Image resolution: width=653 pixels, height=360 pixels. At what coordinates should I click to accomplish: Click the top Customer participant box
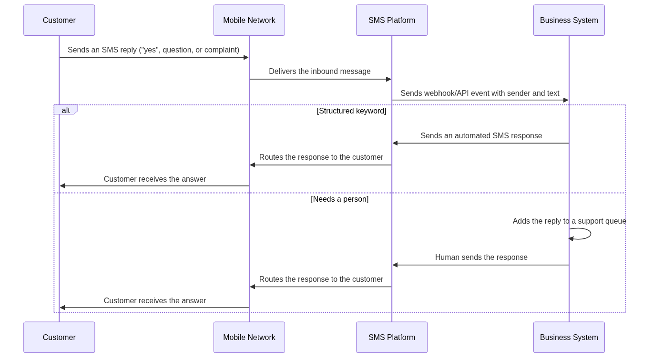coord(59,20)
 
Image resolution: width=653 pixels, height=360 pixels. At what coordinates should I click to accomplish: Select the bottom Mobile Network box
coord(249,337)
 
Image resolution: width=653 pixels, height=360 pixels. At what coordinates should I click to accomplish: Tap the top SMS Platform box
coord(392,20)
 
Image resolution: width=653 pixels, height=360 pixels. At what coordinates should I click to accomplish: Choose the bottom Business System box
coord(569,337)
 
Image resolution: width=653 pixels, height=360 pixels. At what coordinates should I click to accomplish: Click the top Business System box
coord(569,20)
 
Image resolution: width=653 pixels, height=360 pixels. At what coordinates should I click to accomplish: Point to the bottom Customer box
coord(59,337)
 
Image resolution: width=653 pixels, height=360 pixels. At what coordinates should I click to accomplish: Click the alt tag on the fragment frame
coord(66,110)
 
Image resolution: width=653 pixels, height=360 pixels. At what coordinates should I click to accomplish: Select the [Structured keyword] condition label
coord(351,111)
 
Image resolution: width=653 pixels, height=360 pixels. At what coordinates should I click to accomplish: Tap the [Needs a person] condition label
coord(340,199)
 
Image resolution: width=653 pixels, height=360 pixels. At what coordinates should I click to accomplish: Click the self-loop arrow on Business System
coord(591,234)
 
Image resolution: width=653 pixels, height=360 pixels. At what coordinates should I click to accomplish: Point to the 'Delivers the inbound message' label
coord(320,71)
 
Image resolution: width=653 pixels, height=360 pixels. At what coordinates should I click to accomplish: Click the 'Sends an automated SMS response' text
coord(481,136)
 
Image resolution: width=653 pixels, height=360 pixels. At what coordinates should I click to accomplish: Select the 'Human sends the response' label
coord(481,257)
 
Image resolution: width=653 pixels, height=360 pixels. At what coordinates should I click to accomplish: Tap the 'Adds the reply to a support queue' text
coord(569,221)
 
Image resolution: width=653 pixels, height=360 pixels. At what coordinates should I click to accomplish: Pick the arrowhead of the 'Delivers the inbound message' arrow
coord(388,79)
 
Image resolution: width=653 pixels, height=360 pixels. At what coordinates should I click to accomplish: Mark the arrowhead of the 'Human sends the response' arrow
coord(395,265)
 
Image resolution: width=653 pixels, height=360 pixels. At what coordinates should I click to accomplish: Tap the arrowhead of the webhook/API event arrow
coord(566,100)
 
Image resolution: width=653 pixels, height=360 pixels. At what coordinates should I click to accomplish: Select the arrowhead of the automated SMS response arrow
coord(395,143)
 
